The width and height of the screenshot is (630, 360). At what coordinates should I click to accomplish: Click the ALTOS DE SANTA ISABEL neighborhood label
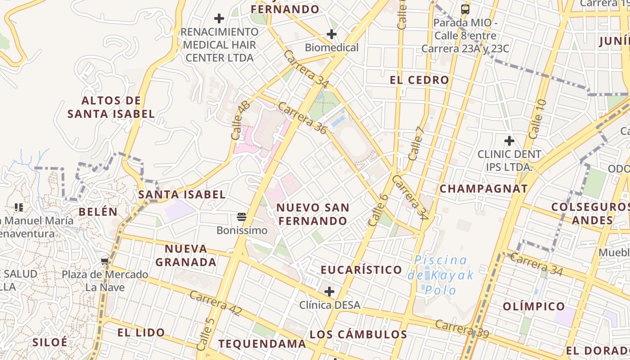111,107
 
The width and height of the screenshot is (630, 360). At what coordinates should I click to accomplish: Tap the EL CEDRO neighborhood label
419,80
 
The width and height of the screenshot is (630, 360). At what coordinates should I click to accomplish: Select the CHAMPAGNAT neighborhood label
483,189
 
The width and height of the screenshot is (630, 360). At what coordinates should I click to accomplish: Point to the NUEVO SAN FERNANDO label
313,214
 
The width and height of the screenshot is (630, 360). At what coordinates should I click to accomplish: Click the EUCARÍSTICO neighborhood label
361,270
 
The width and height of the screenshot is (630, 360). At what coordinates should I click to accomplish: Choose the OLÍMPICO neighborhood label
534,306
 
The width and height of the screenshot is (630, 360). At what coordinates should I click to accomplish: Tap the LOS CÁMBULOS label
358,334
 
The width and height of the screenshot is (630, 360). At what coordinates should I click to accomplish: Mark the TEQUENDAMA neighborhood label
262,344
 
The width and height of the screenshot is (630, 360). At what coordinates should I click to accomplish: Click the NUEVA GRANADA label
186,255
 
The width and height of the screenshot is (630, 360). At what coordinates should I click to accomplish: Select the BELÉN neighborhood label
98,211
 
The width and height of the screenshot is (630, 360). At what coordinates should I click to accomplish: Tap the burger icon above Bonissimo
242,217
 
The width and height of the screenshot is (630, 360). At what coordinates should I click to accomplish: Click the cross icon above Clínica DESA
329,292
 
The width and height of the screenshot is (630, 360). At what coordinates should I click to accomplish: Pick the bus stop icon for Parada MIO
465,9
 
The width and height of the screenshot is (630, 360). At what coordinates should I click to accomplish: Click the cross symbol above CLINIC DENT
509,141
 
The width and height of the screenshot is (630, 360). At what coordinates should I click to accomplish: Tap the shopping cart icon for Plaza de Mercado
105,261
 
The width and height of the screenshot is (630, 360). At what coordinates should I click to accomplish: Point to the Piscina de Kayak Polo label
441,274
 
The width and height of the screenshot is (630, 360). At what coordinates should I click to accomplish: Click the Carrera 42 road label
216,303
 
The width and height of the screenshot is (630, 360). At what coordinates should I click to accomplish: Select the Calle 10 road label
538,119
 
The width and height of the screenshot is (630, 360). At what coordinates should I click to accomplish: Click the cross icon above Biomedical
332,34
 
